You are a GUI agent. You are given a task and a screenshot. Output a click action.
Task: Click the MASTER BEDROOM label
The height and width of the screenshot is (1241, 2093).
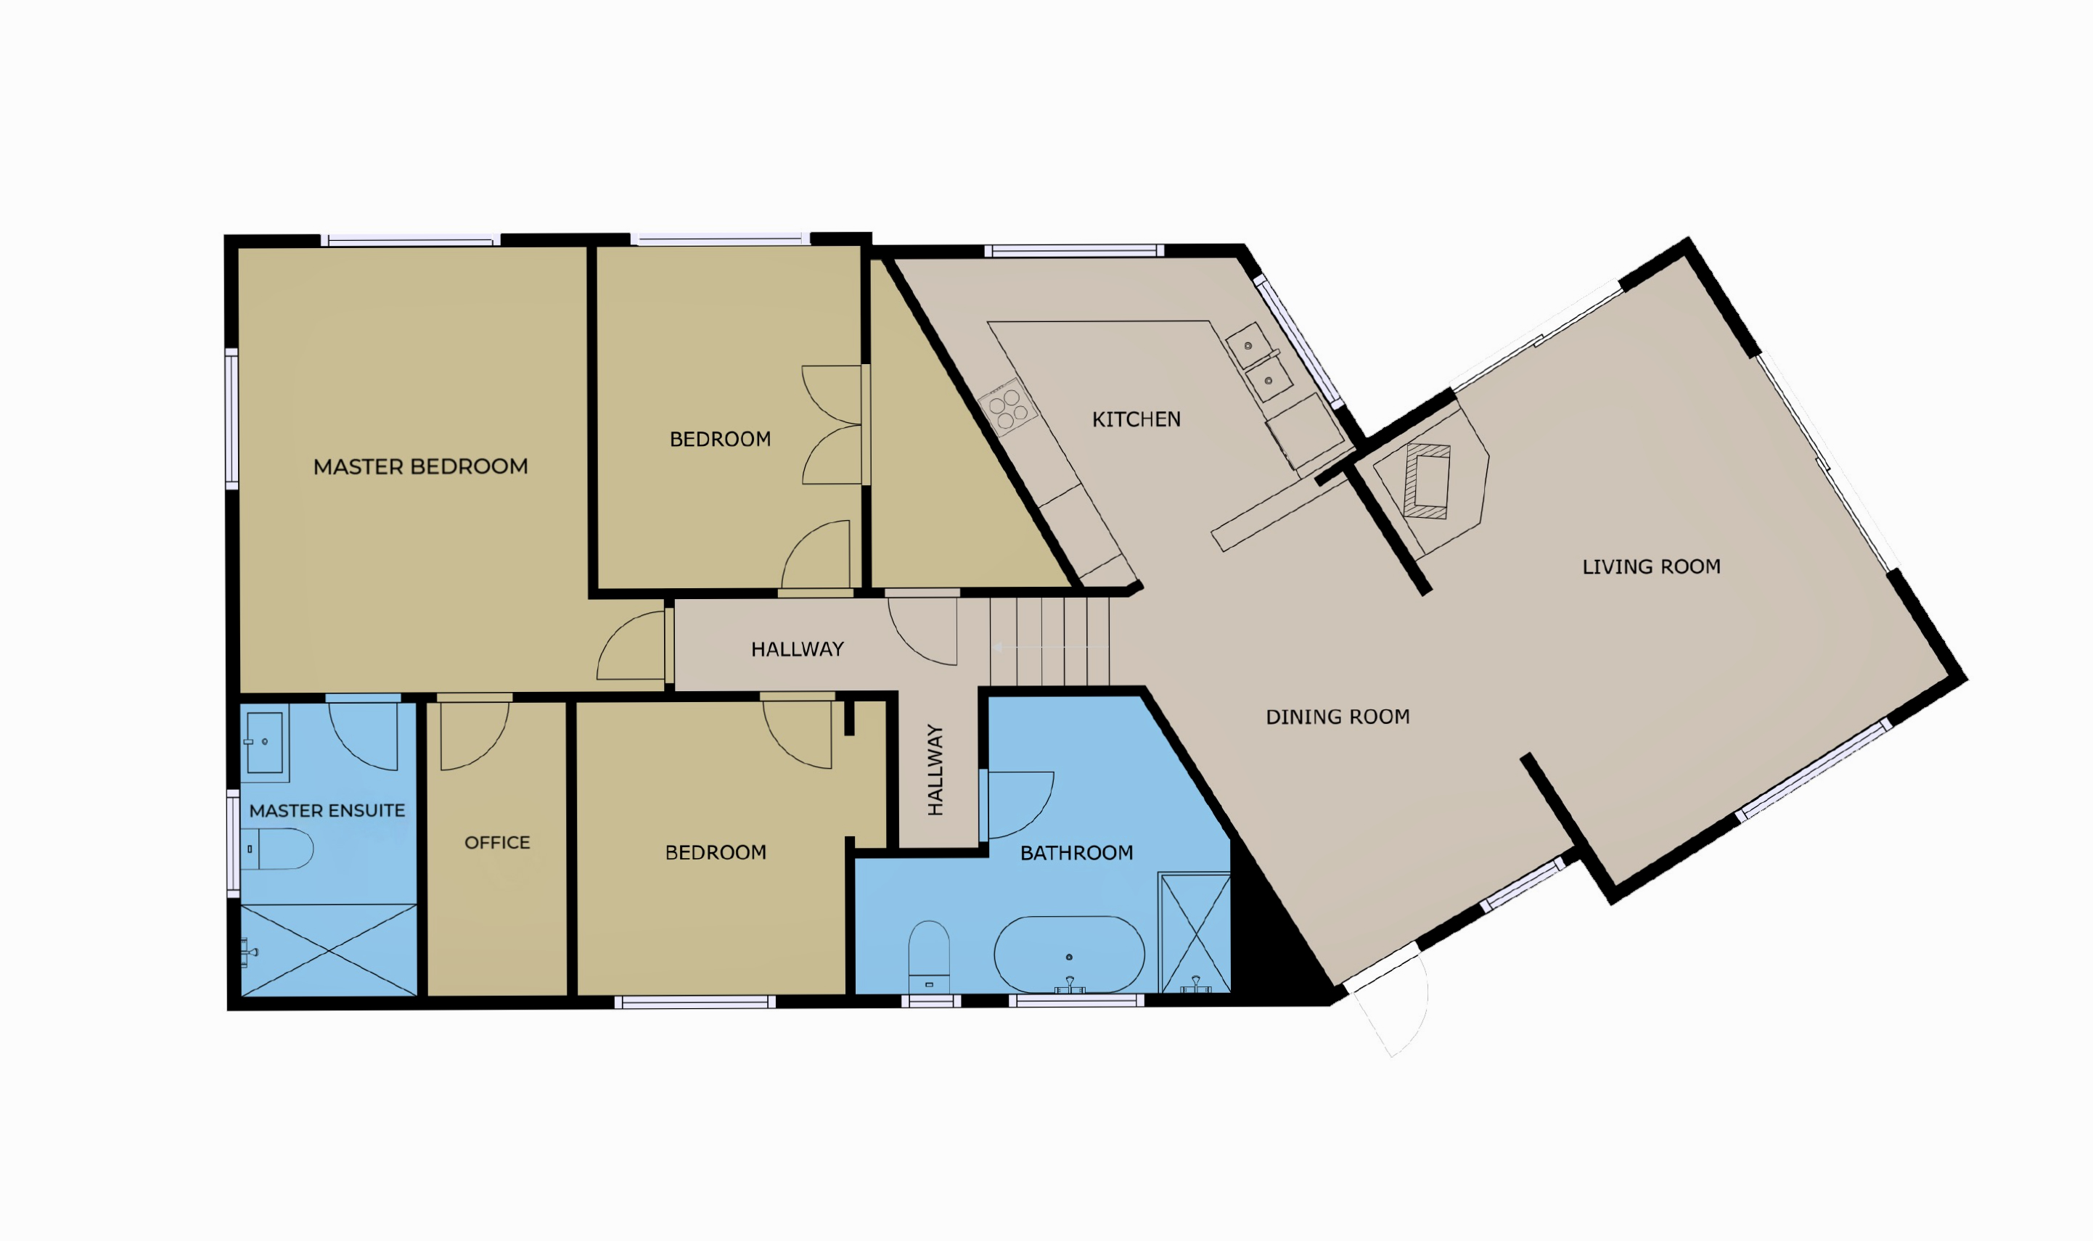coord(420,466)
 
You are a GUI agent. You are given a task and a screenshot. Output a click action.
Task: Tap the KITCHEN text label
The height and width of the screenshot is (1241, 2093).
coord(1136,419)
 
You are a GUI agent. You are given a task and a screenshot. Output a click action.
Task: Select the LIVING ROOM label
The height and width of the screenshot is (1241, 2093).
coord(1651,566)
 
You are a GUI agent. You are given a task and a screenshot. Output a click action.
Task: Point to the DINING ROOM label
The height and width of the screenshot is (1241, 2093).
coord(1338,717)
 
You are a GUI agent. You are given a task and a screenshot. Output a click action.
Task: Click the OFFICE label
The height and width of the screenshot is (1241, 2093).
coord(497,842)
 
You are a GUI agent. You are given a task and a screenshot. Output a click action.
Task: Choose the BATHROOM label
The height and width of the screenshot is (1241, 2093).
coord(1076,852)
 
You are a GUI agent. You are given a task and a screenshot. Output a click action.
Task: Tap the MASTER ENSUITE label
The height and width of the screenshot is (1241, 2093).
coord(327,810)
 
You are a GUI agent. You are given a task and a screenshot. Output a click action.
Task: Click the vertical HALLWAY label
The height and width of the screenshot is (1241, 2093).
coord(935,770)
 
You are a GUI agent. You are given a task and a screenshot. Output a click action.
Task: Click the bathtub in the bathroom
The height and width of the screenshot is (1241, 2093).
coord(1068,955)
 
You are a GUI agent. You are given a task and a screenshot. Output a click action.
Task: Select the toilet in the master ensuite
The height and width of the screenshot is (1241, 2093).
coord(277,849)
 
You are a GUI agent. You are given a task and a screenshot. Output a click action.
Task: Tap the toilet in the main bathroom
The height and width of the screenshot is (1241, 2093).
coord(928,957)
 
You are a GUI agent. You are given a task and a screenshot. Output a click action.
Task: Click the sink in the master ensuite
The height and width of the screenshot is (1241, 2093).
coord(264,742)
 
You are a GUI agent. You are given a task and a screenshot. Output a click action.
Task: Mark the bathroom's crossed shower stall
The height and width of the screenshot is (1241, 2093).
coord(1195,933)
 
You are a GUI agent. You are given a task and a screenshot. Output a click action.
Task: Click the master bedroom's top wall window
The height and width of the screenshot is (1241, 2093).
coord(411,241)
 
